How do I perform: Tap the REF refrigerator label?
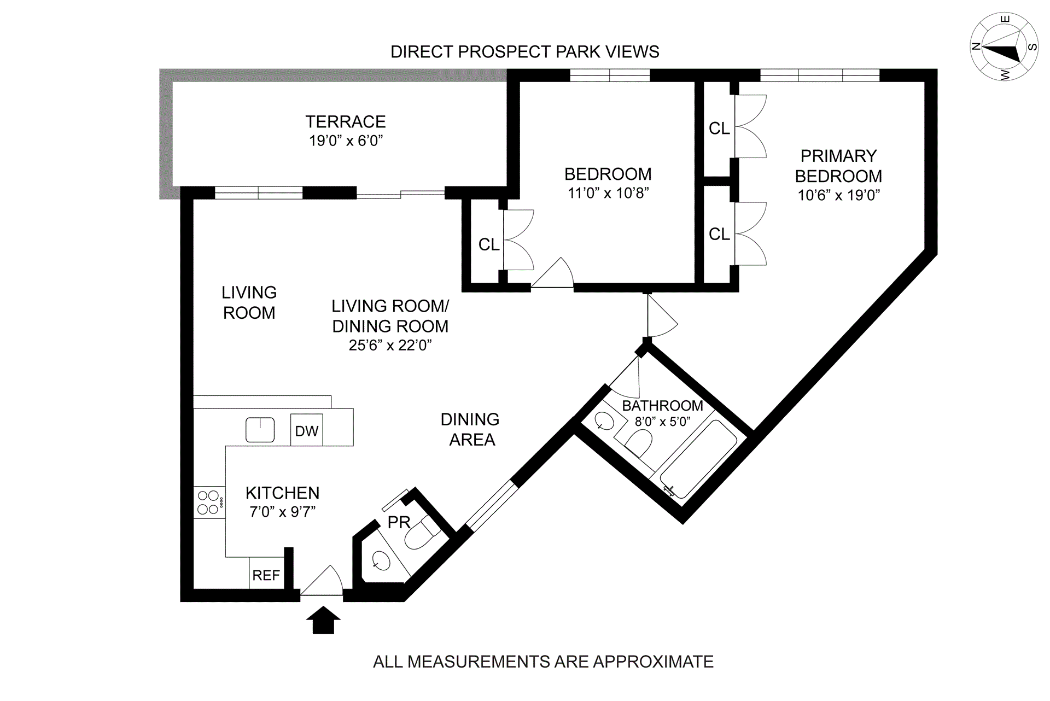[266, 575]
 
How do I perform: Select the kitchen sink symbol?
[260, 430]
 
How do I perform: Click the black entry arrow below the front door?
[323, 620]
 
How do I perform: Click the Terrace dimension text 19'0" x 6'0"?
[346, 141]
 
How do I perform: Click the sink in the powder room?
[380, 561]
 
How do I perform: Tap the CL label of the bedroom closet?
[489, 244]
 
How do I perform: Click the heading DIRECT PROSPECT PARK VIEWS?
[524, 52]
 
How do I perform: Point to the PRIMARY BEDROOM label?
[838, 166]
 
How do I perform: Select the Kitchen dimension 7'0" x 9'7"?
[282, 512]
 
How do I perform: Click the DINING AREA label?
[470, 429]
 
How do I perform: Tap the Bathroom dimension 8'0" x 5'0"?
[662, 422]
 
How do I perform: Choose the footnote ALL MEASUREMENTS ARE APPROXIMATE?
[543, 662]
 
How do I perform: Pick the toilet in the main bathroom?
[637, 443]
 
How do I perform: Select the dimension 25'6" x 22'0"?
[390, 346]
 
